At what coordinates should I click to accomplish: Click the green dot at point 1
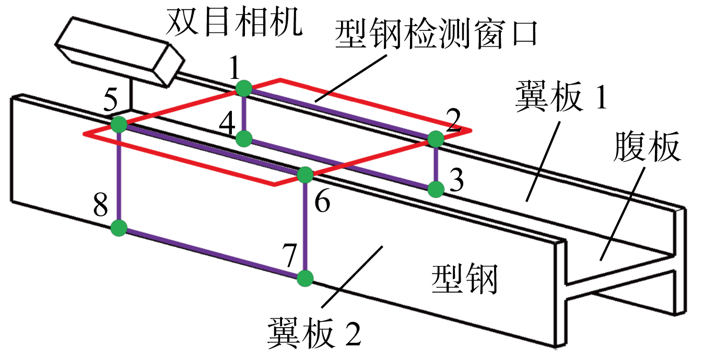click(243, 88)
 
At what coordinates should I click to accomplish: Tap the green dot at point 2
click(436, 139)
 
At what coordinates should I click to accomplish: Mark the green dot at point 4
click(243, 138)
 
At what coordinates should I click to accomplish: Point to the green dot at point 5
click(119, 125)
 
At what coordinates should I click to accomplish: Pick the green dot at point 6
click(305, 175)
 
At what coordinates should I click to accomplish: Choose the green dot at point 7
click(305, 278)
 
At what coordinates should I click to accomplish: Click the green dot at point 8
click(119, 228)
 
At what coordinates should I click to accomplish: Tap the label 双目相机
click(234, 22)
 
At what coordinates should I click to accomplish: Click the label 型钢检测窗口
click(436, 35)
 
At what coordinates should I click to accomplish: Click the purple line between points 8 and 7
click(212, 253)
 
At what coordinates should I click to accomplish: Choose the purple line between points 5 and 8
click(119, 177)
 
